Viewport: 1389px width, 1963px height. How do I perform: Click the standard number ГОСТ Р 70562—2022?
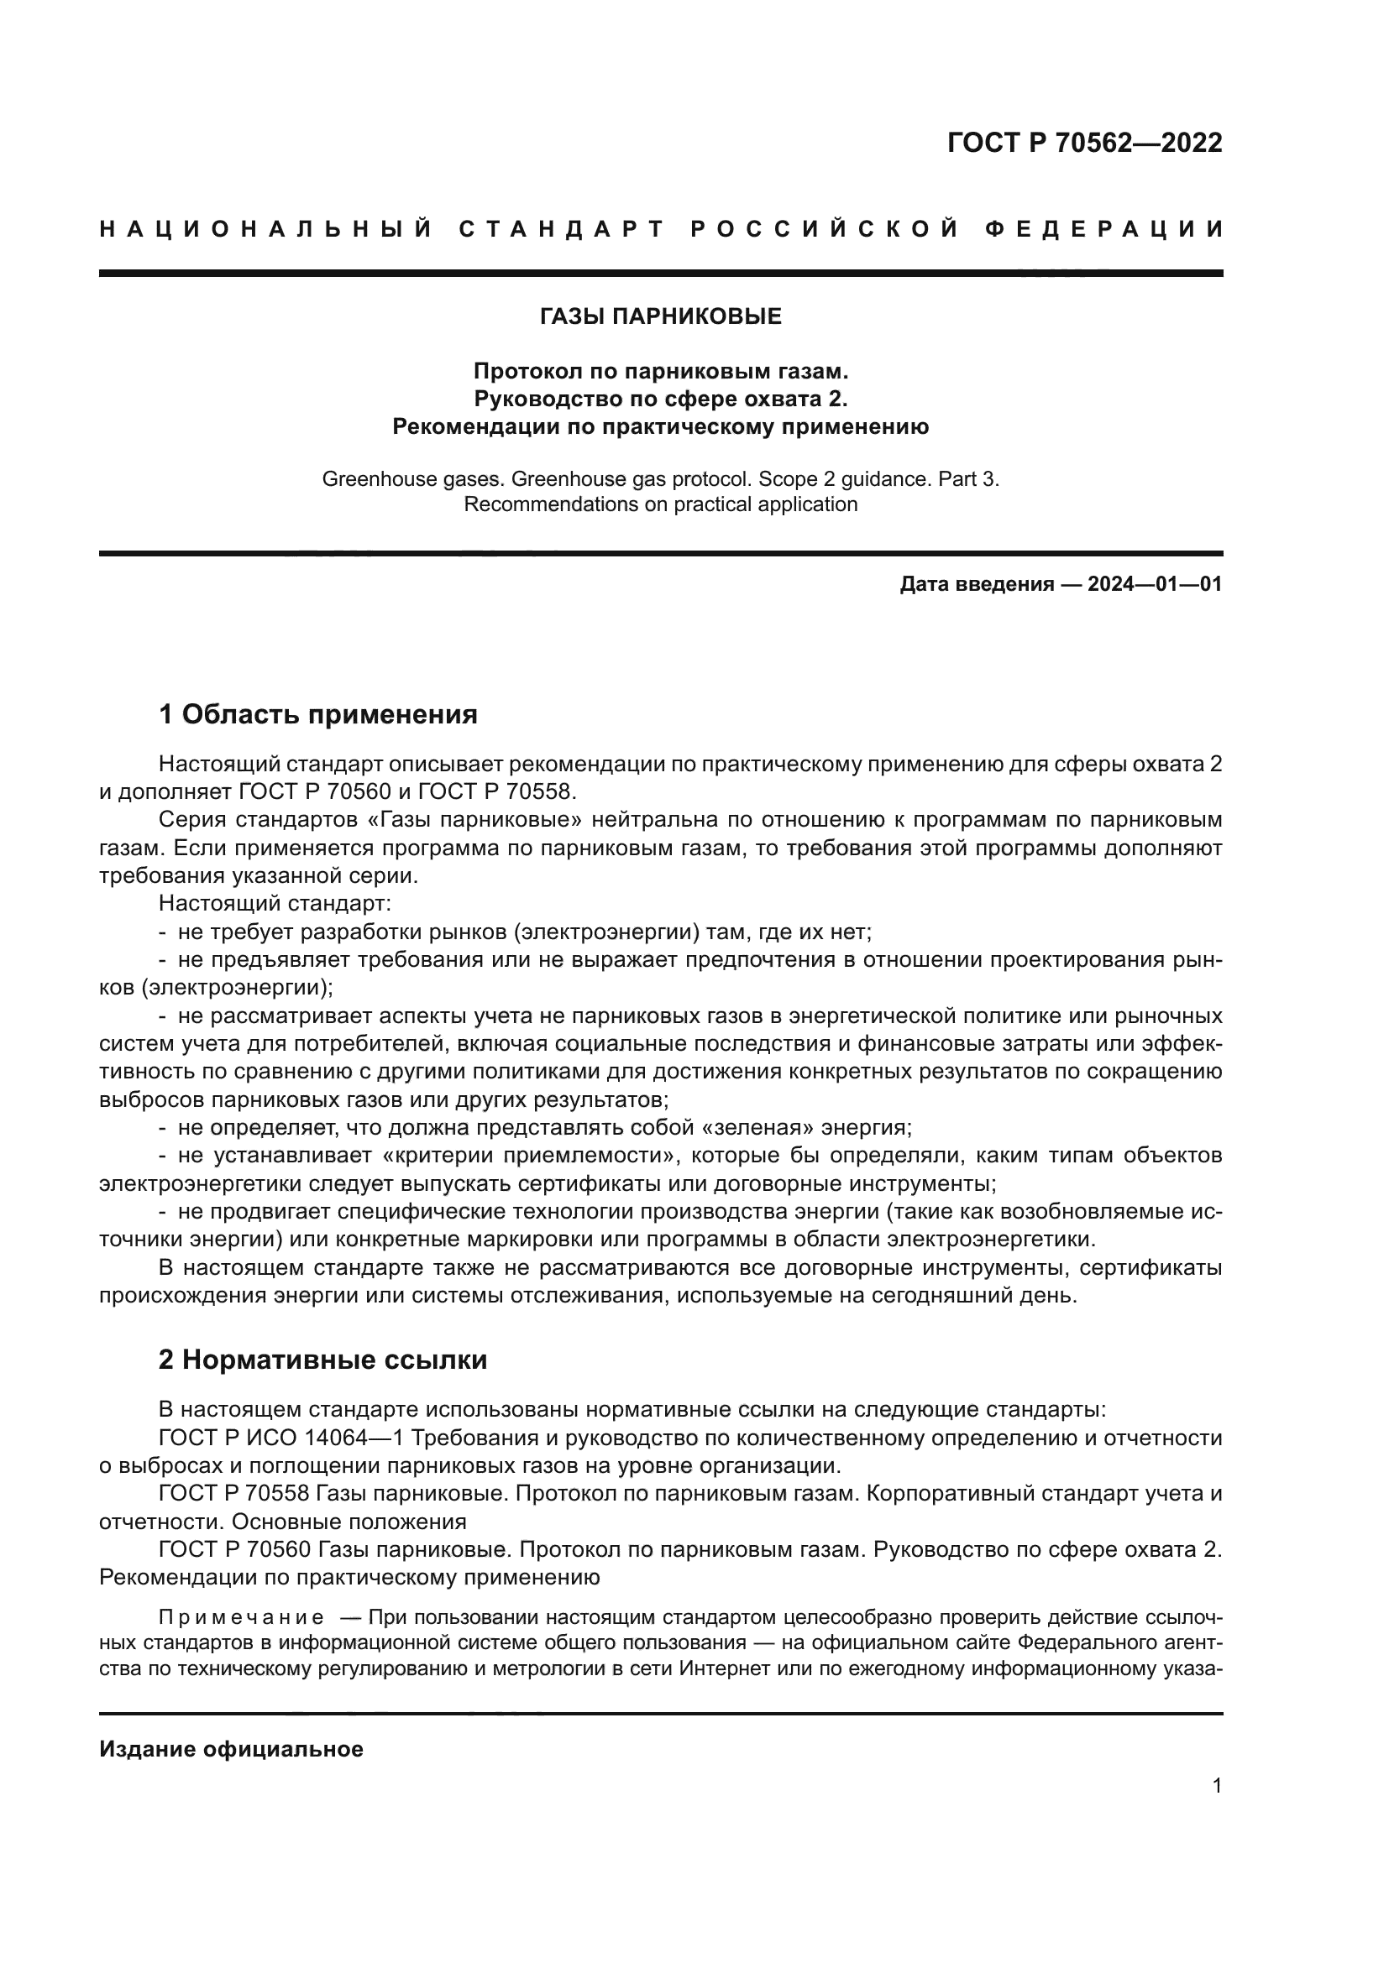(1084, 143)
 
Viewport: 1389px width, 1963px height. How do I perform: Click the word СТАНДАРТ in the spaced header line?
(562, 229)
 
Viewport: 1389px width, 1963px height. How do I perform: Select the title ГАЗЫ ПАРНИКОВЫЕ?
(660, 317)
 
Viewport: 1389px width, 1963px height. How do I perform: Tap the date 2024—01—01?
(1155, 585)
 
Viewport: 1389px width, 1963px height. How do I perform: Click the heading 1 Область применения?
(318, 714)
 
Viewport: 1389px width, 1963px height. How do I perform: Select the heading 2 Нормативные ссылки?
(322, 1360)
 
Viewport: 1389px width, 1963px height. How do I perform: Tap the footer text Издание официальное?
(231, 1749)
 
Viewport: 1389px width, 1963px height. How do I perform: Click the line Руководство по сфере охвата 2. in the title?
(660, 399)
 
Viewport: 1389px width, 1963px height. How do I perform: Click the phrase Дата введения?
(976, 585)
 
